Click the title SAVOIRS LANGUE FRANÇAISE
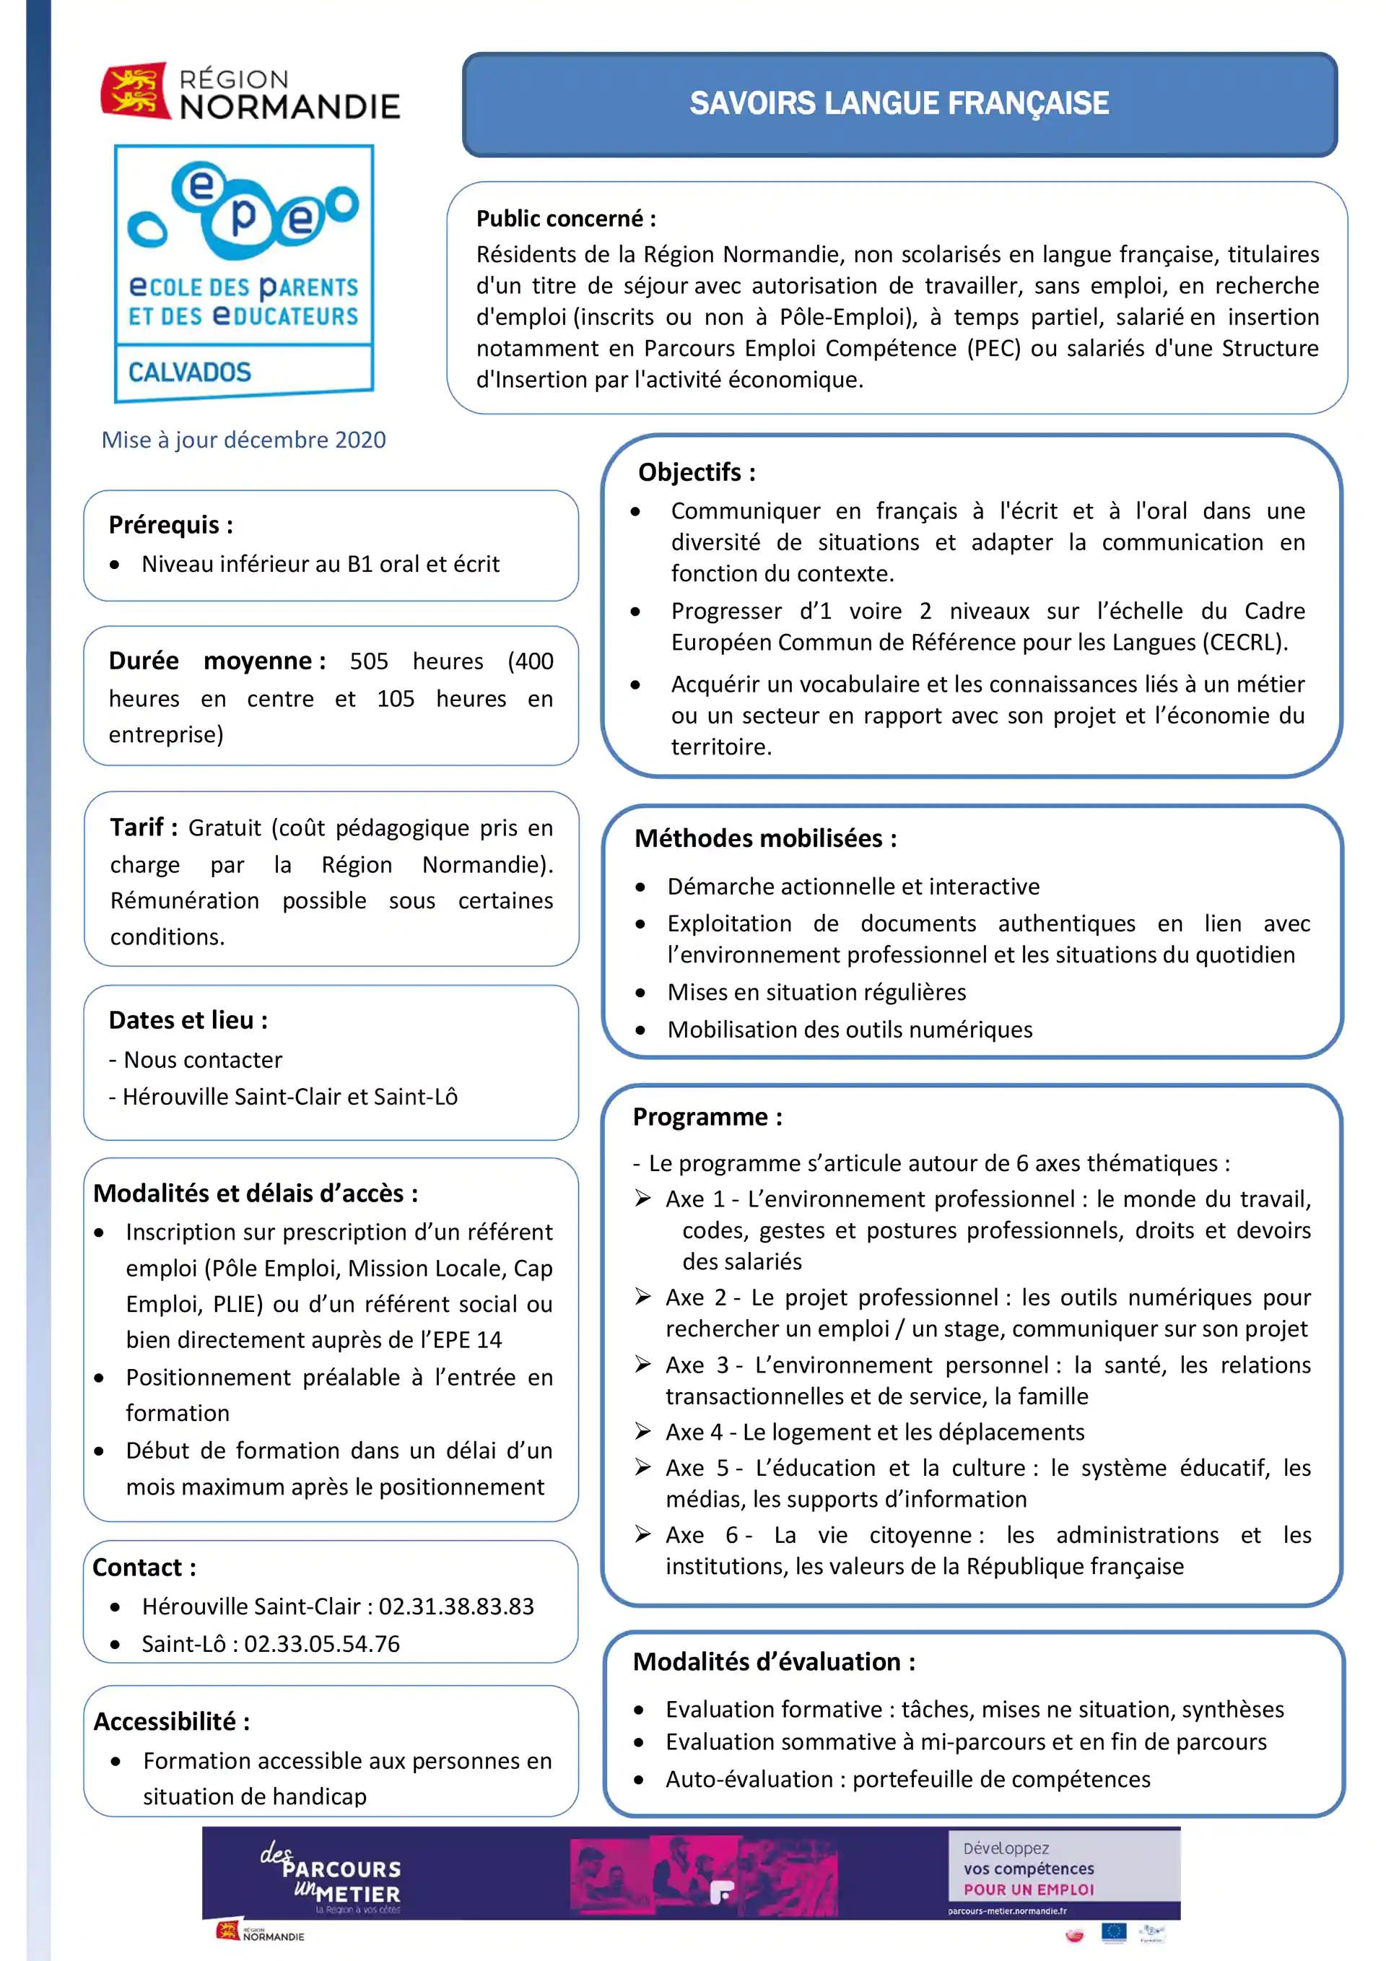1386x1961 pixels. [x=899, y=103]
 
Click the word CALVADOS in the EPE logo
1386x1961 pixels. [x=190, y=373]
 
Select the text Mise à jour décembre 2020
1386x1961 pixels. [x=243, y=440]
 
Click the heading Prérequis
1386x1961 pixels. [x=170, y=524]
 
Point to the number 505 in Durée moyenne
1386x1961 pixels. [x=368, y=661]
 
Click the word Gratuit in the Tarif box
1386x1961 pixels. [x=225, y=827]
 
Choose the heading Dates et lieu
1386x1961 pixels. [x=188, y=1019]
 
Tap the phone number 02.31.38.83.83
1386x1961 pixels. [x=456, y=1606]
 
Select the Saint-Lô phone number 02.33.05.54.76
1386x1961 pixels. [x=322, y=1644]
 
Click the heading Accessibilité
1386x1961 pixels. [x=171, y=1721]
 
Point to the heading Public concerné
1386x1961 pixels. [x=565, y=219]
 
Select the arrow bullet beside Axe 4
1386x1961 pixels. [x=643, y=1432]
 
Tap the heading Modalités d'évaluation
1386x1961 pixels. [x=774, y=1661]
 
